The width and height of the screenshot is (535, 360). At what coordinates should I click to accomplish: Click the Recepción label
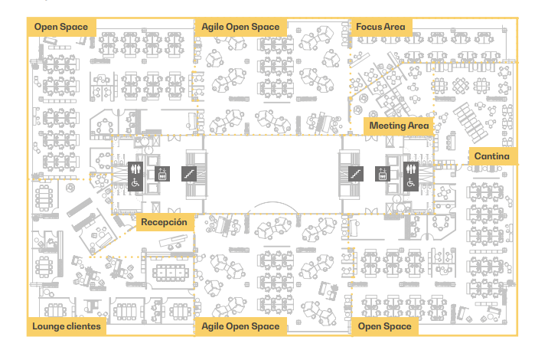coord(164,223)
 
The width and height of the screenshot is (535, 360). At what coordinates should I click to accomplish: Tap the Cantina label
coord(491,156)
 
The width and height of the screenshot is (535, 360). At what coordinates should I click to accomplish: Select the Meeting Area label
coord(397,125)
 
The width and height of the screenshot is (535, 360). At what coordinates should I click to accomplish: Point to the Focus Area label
coord(381,27)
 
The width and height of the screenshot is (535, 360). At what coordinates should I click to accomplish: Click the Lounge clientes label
coord(67,327)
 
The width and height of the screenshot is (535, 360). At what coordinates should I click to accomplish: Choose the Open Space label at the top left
coord(60,27)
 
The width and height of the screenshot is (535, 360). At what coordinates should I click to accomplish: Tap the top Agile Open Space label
coord(240,27)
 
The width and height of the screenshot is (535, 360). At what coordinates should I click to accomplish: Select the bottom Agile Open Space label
coord(240,327)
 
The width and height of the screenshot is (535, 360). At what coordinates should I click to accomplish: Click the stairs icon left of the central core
coord(189,174)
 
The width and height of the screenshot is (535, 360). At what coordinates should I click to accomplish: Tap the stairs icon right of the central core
coord(354,174)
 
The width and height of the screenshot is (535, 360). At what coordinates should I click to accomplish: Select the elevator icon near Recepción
coord(161,174)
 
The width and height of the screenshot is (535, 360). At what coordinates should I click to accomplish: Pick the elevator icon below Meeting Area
coord(382,174)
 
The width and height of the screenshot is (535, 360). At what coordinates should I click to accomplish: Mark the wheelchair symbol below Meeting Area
coord(409,182)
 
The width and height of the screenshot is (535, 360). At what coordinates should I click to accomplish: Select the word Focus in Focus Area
coord(370,27)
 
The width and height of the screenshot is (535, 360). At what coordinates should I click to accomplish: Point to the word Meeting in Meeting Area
coord(387,125)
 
